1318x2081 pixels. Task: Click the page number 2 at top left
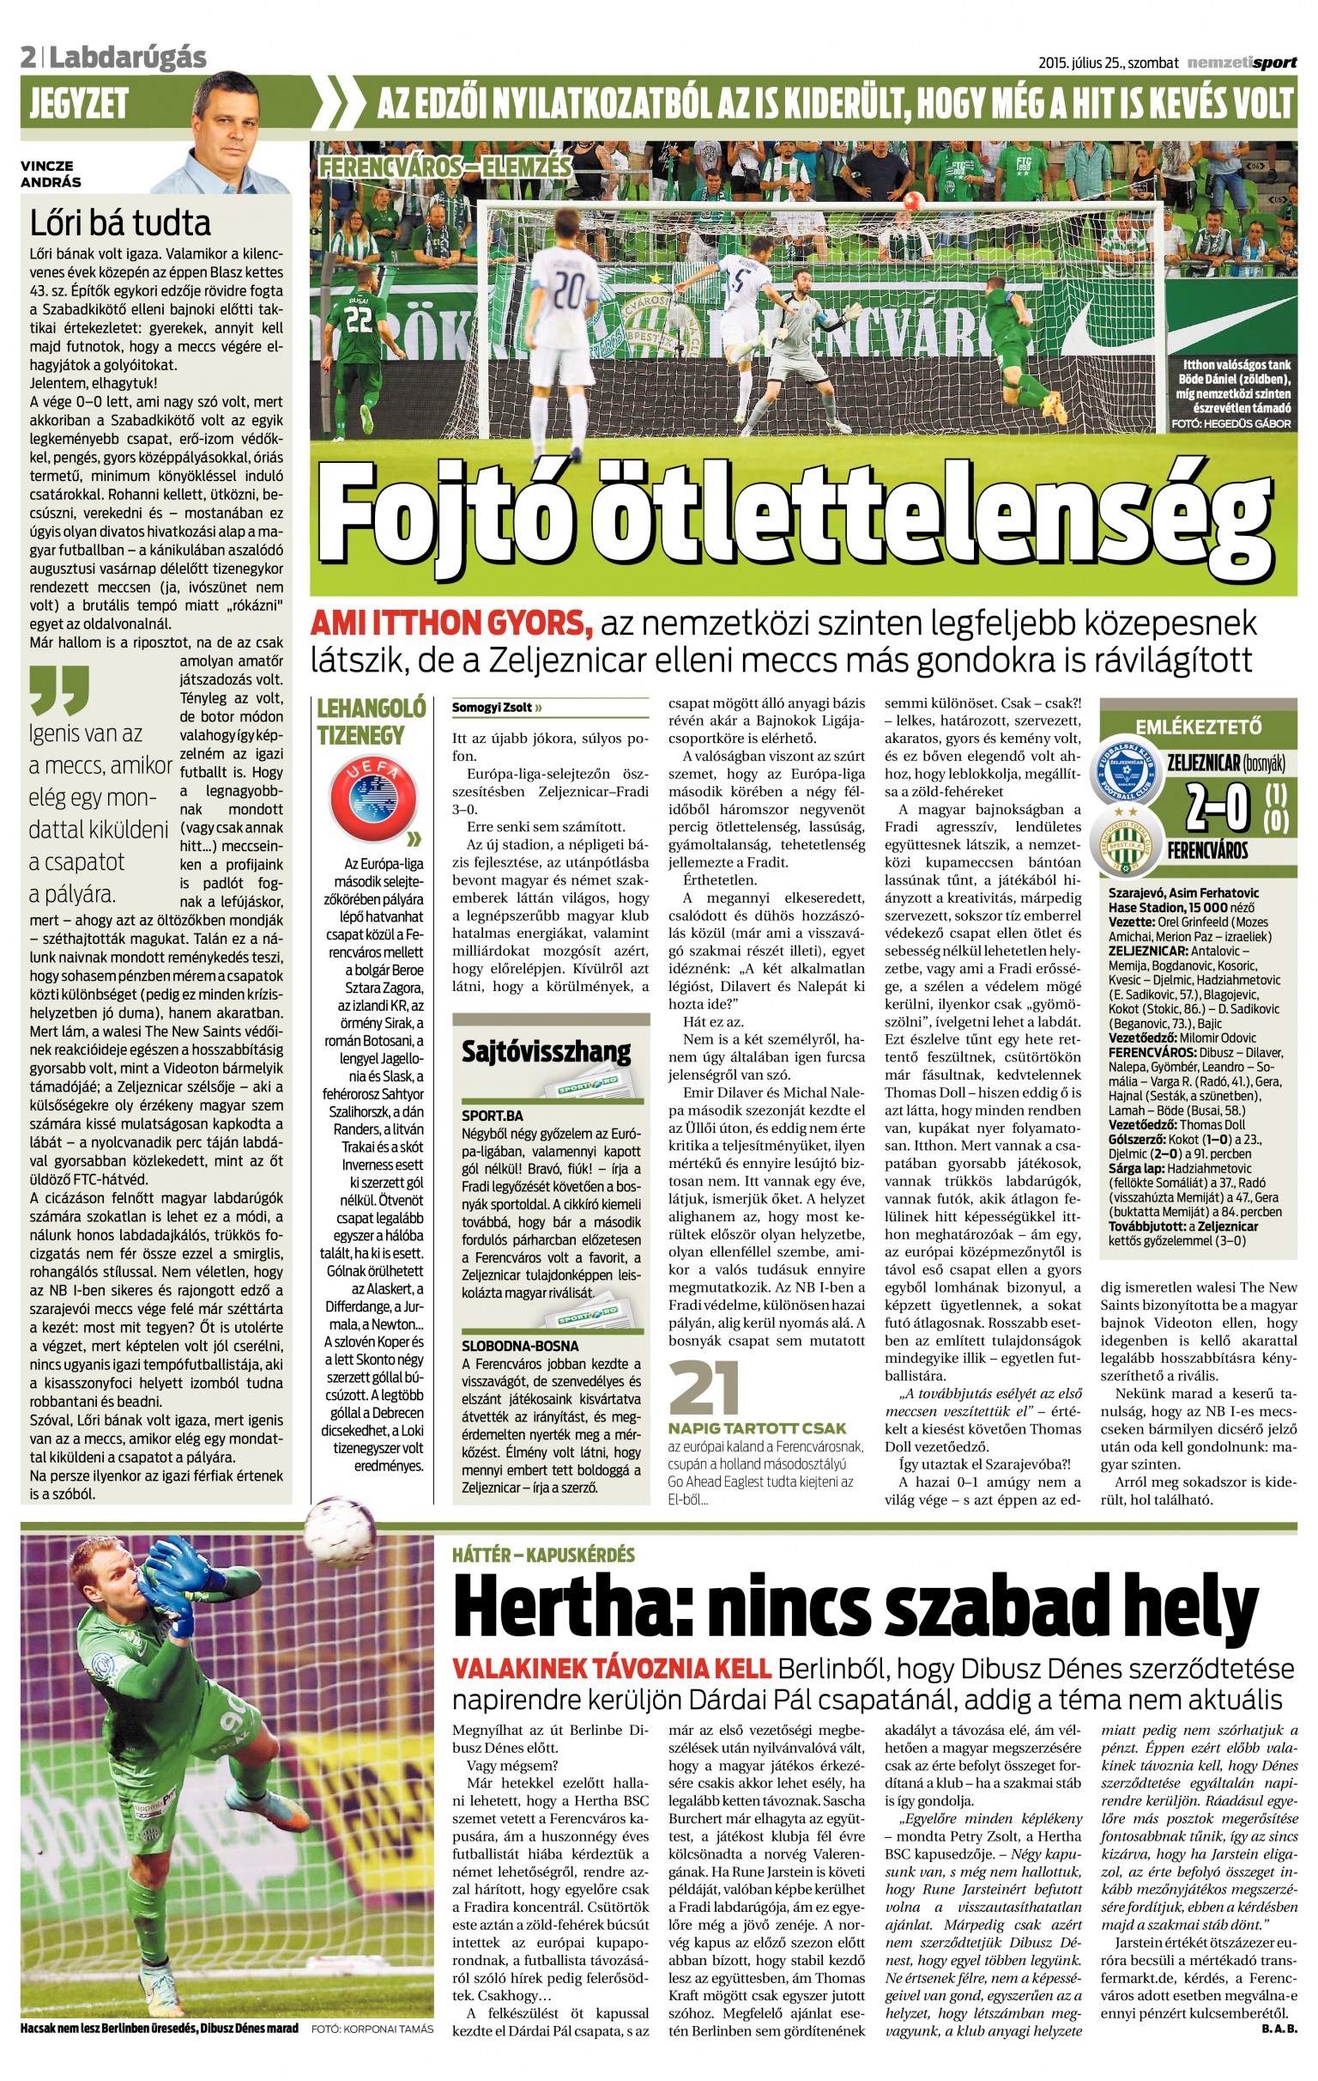click(29, 58)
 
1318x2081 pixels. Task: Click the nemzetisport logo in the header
click(1241, 62)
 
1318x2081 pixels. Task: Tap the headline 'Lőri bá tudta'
click(120, 223)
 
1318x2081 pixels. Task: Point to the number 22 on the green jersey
click(359, 318)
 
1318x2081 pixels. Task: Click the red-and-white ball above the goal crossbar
click(911, 202)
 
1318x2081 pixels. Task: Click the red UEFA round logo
click(373, 800)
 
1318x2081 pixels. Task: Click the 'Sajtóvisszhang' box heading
click(546, 1052)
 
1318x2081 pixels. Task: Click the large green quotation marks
click(59, 689)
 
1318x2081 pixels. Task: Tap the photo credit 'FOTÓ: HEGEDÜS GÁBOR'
click(1230, 423)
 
